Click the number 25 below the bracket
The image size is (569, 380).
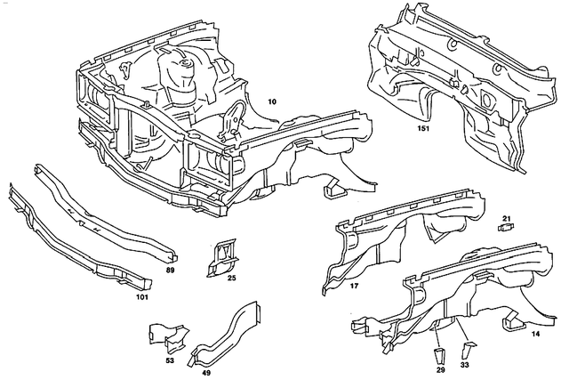pyautogui.click(x=230, y=279)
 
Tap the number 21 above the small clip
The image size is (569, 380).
pyautogui.click(x=506, y=218)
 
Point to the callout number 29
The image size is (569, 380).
pyautogui.click(x=441, y=367)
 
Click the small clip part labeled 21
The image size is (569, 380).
pyautogui.click(x=507, y=229)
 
